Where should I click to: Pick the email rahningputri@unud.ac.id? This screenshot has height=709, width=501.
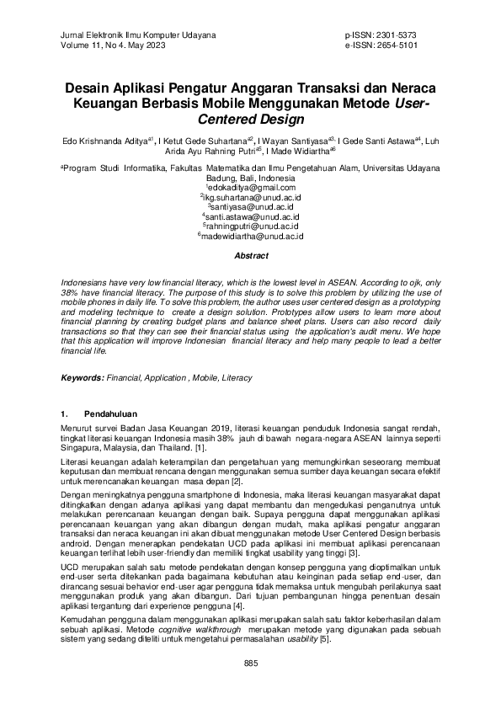tap(251, 227)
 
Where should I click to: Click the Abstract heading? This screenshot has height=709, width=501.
tap(251, 255)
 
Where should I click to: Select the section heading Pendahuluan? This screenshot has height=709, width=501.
tap(114, 414)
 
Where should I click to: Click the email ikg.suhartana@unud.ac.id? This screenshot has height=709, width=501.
tap(251, 198)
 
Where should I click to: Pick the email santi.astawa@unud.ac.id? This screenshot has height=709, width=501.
tap(251, 217)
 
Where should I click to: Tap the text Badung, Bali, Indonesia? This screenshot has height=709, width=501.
tap(250, 179)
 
